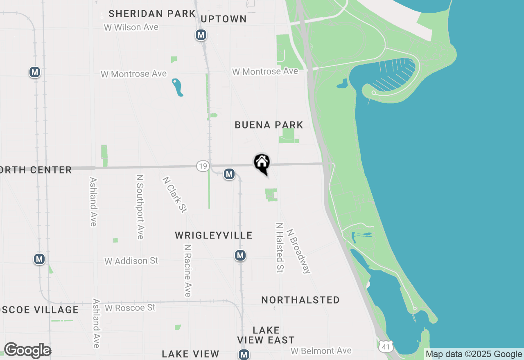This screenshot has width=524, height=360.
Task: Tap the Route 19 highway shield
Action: [203, 166]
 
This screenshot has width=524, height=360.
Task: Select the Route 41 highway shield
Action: [386, 346]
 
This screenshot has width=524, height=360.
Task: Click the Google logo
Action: [27, 351]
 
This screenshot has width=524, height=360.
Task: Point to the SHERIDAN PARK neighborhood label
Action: [152, 13]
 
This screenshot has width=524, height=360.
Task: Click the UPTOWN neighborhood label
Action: [224, 19]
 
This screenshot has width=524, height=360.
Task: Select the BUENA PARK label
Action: [269, 125]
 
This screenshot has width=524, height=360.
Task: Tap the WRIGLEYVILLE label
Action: [213, 235]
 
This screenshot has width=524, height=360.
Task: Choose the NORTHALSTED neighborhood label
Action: [300, 300]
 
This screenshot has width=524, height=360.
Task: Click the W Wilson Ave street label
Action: [131, 27]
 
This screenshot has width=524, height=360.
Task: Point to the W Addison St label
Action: [131, 261]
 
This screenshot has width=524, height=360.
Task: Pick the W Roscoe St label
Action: [130, 307]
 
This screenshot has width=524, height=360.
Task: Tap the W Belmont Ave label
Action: [321, 351]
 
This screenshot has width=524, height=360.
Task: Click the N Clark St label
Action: [175, 195]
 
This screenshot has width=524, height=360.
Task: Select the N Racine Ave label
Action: [187, 270]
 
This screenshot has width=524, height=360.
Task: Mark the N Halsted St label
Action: [280, 248]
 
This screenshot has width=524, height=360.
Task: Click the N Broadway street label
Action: [299, 251]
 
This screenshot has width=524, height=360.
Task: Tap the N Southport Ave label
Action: [140, 207]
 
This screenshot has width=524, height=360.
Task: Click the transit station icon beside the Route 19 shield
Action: [229, 174]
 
